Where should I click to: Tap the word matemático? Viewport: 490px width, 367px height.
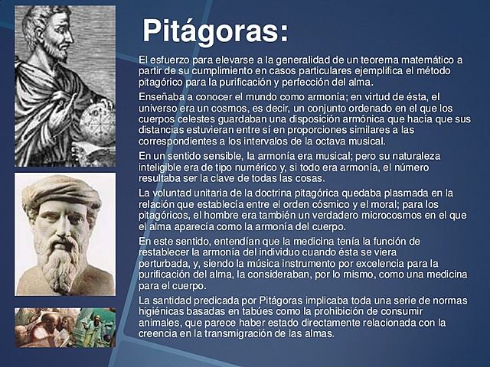click(x=426, y=60)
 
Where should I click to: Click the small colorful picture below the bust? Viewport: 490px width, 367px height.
click(x=64, y=326)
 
